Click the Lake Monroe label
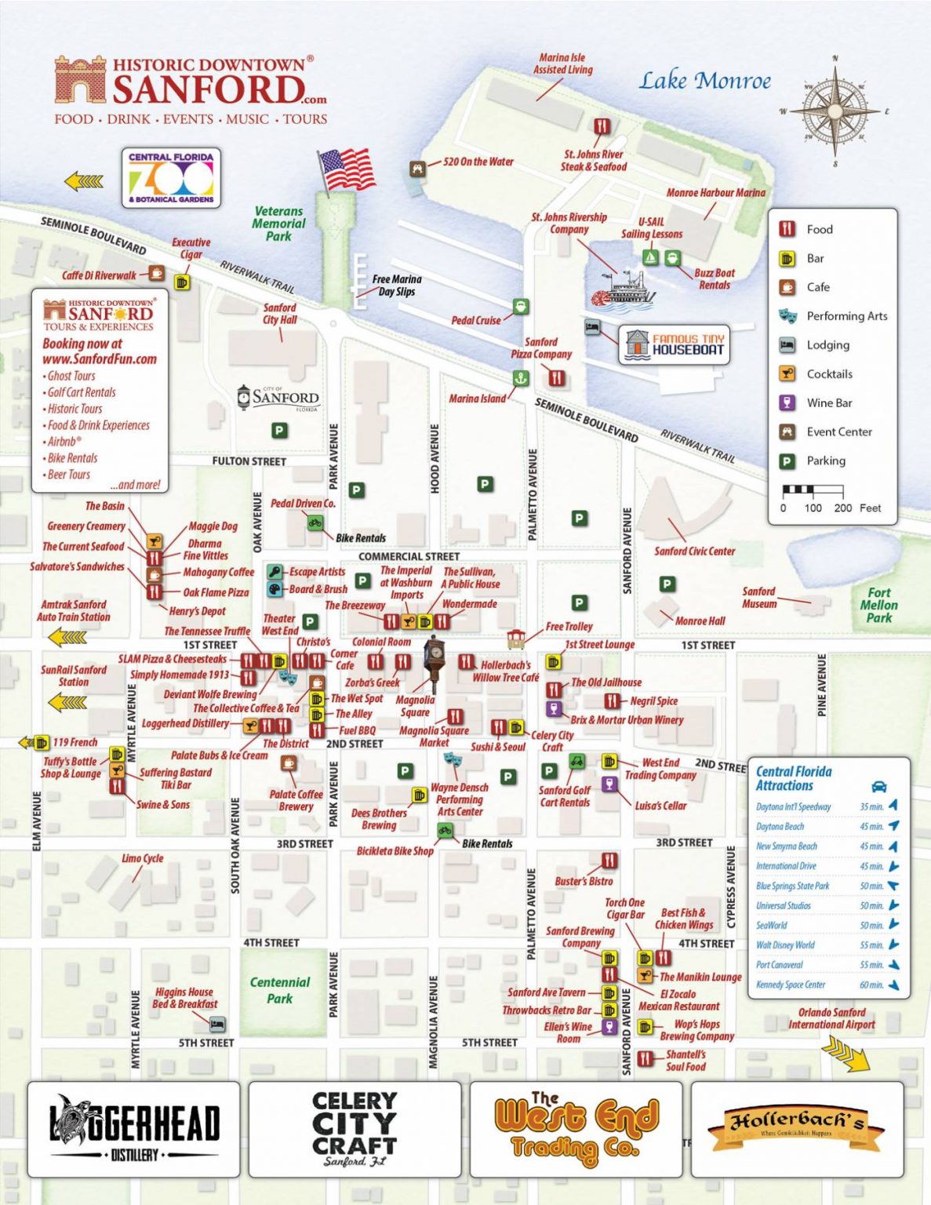[704, 81]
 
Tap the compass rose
[835, 111]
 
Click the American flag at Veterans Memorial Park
[347, 168]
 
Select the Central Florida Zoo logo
[170, 178]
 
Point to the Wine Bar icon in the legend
[787, 402]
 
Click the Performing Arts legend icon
[787, 316]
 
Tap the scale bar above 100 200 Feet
[813, 490]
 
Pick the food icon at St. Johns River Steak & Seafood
[602, 127]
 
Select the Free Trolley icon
[515, 639]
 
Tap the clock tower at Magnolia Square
[433, 663]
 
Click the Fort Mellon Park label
[878, 605]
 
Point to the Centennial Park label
[280, 990]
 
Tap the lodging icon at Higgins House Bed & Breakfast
[217, 1024]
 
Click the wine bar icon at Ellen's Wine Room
[609, 1027]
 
